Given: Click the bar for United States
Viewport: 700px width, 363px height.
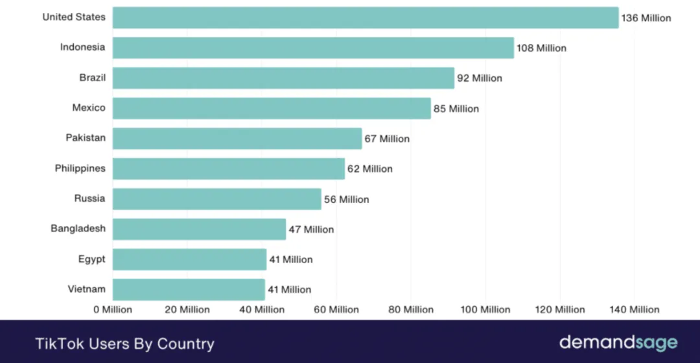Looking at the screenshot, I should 366,18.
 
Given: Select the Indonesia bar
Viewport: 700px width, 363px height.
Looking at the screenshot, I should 313,48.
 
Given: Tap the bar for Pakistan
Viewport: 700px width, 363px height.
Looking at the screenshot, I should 237,138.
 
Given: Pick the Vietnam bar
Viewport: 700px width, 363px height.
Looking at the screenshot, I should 189,289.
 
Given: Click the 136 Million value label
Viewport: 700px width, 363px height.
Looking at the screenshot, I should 646,18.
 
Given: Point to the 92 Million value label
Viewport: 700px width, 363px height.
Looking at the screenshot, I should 480,78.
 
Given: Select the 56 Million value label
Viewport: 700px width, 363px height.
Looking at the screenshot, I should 347,200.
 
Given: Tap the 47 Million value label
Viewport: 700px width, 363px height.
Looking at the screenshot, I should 311,229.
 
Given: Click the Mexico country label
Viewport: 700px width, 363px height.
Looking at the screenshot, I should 89,108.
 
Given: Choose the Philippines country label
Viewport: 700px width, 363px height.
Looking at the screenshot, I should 80,169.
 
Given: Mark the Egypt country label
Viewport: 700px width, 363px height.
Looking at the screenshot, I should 92,259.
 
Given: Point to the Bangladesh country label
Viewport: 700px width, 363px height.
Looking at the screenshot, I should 78,229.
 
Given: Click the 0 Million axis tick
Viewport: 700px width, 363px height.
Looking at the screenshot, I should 113,310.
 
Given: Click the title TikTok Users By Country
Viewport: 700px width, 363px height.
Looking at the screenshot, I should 124,343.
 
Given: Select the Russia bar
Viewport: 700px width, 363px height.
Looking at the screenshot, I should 217,199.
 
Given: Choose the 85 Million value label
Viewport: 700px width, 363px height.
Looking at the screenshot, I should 456,109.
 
